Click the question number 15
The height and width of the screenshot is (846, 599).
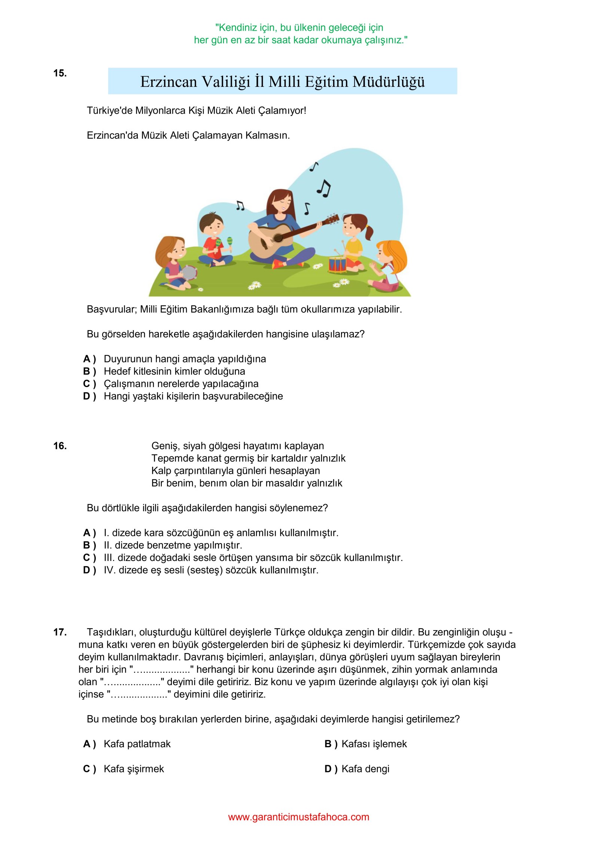[x=60, y=73]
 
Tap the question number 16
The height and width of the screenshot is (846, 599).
[x=60, y=446]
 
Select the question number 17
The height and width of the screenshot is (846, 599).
[x=60, y=632]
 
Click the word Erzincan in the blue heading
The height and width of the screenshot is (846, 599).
[x=168, y=82]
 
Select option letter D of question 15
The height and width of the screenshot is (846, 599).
[x=87, y=396]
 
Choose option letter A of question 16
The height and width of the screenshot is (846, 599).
[x=87, y=533]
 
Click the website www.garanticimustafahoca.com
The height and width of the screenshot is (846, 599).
[x=299, y=817]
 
